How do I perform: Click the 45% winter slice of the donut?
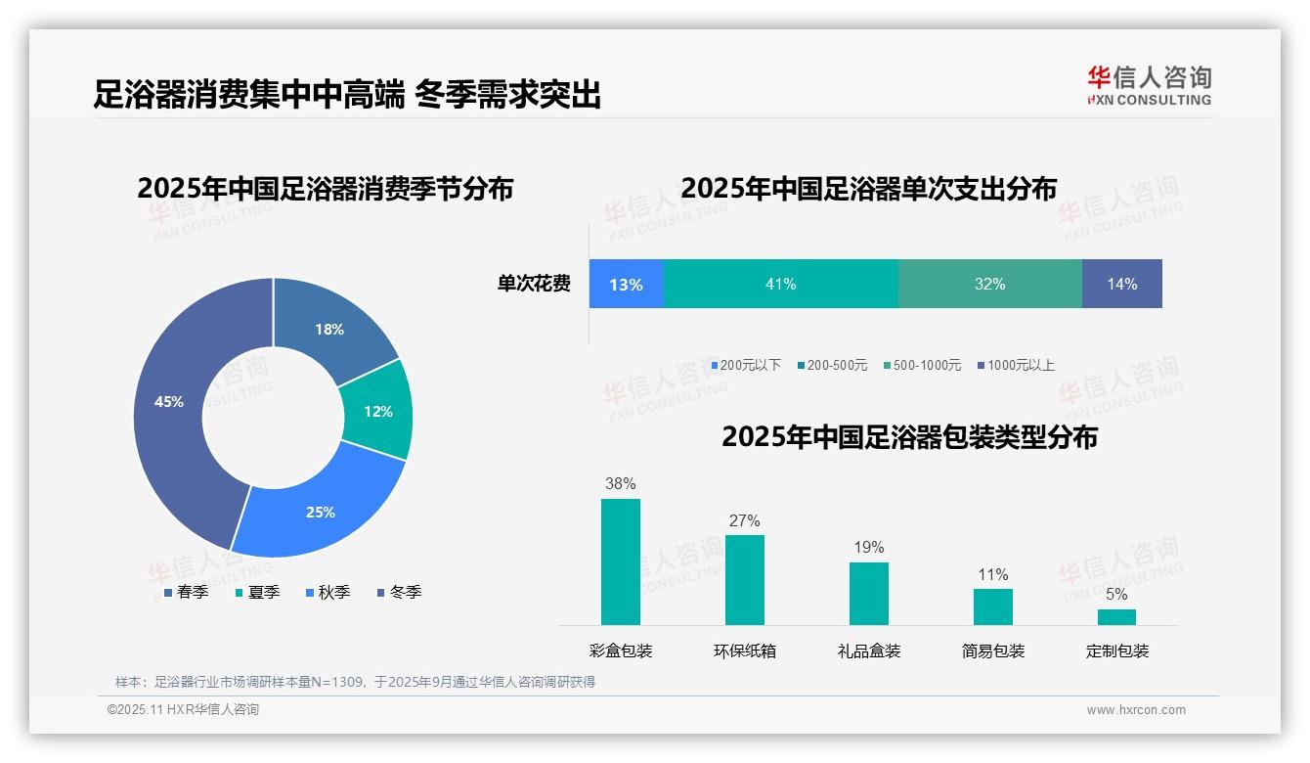coord(171,411)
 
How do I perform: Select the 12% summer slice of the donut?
coord(378,411)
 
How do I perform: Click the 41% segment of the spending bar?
coord(780,284)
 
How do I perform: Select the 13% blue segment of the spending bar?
coord(626,284)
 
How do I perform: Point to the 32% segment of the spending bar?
coord(989,284)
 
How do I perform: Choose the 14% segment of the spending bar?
coord(1121,284)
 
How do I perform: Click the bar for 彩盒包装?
coord(621,561)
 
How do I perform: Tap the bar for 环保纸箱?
coord(745,579)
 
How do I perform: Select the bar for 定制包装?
coord(1116,616)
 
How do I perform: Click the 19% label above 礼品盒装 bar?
coord(869,548)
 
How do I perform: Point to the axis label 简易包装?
coord(993,651)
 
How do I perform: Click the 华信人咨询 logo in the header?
coord(1149,85)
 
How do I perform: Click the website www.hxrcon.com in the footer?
coord(1136,710)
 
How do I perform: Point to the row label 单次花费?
coord(534,285)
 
